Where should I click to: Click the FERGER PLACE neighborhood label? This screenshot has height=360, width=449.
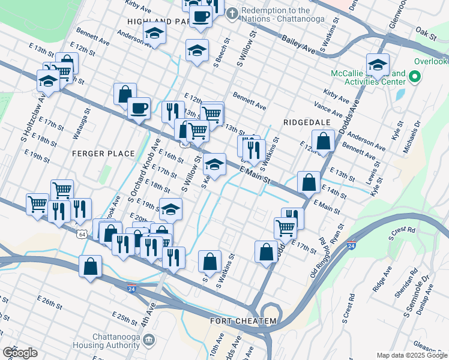[x=103, y=154]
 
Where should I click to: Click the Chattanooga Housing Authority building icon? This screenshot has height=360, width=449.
[x=149, y=340]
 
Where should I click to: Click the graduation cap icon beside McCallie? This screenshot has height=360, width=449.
[x=378, y=65]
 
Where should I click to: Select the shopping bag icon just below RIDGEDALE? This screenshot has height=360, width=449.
[x=323, y=142]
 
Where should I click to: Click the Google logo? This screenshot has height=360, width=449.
[x=20, y=353]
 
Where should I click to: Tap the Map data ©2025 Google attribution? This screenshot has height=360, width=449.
[x=411, y=355]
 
